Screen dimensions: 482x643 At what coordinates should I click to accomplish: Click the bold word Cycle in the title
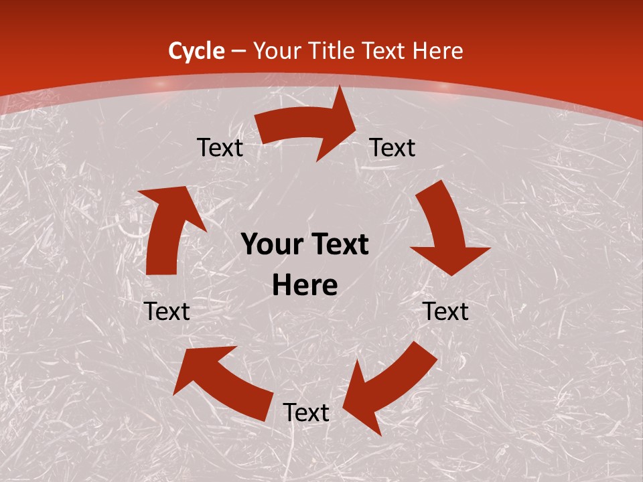pyautogui.click(x=196, y=51)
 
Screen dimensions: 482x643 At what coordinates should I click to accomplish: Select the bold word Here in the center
pyautogui.click(x=305, y=286)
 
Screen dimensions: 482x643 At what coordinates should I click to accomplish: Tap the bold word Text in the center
pyautogui.click(x=339, y=245)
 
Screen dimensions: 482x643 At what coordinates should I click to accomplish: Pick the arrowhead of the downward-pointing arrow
pyautogui.click(x=451, y=258)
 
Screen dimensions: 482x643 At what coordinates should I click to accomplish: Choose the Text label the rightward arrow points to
pyautogui.click(x=392, y=147)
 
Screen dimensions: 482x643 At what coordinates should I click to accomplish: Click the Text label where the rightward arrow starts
pyautogui.click(x=220, y=147)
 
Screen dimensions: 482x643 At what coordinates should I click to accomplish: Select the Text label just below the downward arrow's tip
pyautogui.click(x=446, y=311)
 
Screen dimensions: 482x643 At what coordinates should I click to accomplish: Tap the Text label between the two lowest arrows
pyautogui.click(x=305, y=412)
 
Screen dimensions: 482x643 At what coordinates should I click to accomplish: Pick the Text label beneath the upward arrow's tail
pyautogui.click(x=167, y=311)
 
